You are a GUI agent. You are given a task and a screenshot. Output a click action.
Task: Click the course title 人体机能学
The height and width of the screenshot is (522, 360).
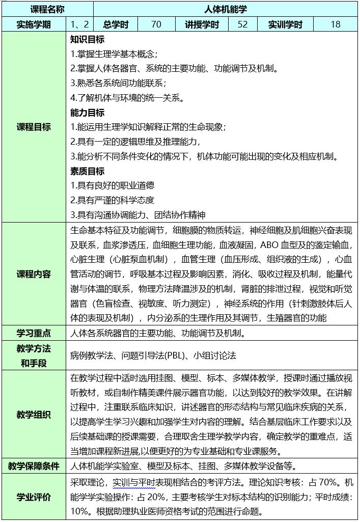(226, 9)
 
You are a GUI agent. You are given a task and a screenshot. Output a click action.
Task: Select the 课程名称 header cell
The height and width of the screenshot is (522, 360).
(47, 9)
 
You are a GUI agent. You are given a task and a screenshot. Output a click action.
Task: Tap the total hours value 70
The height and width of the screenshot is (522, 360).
(156, 24)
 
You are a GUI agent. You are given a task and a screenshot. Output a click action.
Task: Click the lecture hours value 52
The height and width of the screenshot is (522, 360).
(242, 24)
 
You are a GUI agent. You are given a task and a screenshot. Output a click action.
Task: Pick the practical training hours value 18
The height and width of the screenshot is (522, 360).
(336, 24)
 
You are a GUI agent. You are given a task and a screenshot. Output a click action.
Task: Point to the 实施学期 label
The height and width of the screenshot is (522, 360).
(34, 24)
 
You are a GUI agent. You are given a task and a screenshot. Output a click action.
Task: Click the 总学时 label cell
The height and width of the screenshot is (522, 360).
(116, 24)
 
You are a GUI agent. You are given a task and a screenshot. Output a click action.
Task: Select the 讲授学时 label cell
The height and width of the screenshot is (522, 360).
(202, 24)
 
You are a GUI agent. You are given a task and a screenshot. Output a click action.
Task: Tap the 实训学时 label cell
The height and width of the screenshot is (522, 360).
(285, 24)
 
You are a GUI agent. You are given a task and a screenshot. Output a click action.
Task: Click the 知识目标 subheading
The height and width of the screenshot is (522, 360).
(87, 39)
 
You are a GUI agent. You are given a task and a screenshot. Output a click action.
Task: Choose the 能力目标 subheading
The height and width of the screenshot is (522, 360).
(87, 113)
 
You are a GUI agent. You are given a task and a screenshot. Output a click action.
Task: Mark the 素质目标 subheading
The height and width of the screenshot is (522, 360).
(87, 171)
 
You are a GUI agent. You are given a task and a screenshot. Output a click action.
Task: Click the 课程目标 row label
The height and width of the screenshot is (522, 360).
(34, 127)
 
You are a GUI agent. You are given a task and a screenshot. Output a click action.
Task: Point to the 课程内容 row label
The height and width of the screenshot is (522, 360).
(34, 274)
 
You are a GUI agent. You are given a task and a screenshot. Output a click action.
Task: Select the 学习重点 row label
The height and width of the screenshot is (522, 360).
(34, 334)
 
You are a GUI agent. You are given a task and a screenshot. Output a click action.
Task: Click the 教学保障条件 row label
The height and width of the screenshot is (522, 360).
(34, 466)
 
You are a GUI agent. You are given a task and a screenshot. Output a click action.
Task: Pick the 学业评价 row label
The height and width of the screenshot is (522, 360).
(34, 497)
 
